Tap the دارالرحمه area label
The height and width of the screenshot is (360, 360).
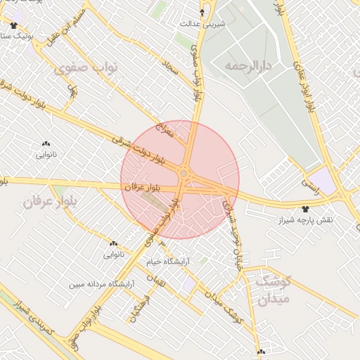(x=247, y=65)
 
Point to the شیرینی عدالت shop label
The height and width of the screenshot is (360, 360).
(x=203, y=23)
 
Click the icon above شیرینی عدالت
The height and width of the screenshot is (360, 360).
(x=203, y=12)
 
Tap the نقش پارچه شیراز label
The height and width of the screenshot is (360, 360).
(x=304, y=220)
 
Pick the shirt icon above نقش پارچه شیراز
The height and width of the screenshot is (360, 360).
(x=305, y=209)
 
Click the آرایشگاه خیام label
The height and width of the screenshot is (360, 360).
(x=168, y=262)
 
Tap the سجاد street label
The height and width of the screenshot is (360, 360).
(x=169, y=67)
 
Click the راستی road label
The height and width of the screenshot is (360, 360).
(x=309, y=183)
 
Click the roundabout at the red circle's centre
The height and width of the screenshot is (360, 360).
(x=184, y=174)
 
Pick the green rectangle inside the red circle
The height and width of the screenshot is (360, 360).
(x=153, y=202)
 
